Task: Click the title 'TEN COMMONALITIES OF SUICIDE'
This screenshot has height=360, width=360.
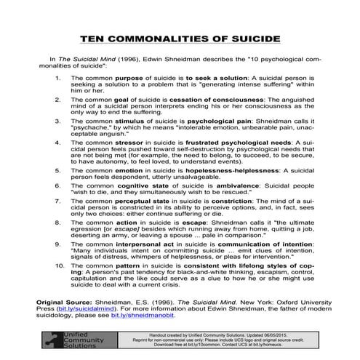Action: [180, 36]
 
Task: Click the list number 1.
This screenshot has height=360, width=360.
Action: [57, 76]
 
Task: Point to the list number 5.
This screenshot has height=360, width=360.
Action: [57, 170]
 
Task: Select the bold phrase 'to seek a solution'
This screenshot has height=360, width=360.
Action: [190, 76]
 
